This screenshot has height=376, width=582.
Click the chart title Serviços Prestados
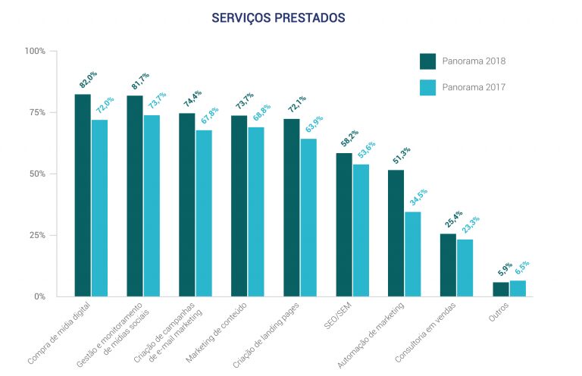pyautogui.click(x=278, y=17)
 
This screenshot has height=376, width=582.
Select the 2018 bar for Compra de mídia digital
pyautogui.click(x=83, y=196)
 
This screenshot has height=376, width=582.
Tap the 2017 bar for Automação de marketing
pyautogui.click(x=413, y=254)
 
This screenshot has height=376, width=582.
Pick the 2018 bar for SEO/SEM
pyautogui.click(x=344, y=225)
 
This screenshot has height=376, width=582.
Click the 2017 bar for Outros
pyautogui.click(x=518, y=289)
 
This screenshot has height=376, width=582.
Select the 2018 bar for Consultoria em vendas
pyautogui.click(x=448, y=265)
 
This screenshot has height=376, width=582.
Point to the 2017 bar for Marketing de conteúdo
pyautogui.click(x=256, y=212)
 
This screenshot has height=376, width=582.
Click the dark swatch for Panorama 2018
pyautogui.click(x=427, y=61)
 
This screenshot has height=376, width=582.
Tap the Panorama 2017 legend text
pyautogui.click(x=474, y=87)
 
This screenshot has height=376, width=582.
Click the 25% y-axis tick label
pyautogui.click(x=37, y=235)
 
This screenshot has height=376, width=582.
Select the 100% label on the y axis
pyautogui.click(x=35, y=51)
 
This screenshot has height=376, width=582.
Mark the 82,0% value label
pyautogui.click(x=88, y=79)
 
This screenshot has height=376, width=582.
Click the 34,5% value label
pyautogui.click(x=418, y=197)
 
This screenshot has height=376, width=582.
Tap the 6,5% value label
pyautogui.click(x=522, y=268)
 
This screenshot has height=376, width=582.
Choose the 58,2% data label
pyautogui.click(x=349, y=138)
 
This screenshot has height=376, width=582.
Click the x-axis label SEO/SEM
pyautogui.click(x=338, y=316)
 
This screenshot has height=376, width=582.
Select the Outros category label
pyautogui.click(x=499, y=312)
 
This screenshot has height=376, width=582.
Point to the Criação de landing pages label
pyautogui.click(x=266, y=336)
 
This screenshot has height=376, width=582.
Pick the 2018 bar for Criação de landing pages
pyautogui.click(x=292, y=208)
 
